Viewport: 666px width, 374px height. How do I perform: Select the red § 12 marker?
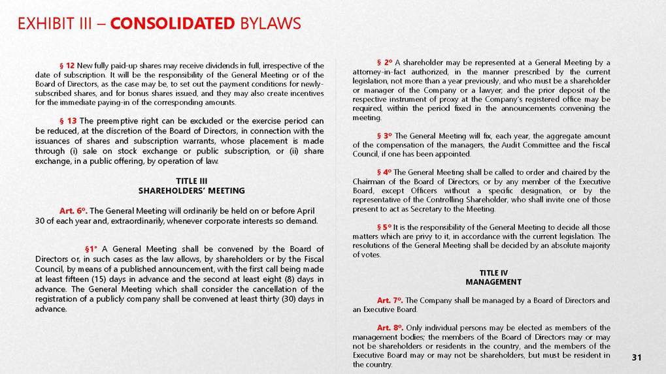pos(67,66)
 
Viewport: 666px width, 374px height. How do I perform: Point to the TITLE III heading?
pos(191,181)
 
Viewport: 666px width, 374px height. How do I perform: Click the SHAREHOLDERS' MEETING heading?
pos(191,191)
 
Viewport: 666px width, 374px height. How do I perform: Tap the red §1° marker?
pos(92,249)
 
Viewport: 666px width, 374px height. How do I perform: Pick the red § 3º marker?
pos(384,135)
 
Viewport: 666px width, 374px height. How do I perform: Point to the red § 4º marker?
pos(384,172)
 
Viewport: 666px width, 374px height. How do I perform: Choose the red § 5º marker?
pos(384,227)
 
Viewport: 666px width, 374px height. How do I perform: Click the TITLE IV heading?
pos(493,273)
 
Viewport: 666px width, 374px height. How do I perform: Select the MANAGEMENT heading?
pos(493,282)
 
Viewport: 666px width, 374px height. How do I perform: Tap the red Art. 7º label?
pos(390,300)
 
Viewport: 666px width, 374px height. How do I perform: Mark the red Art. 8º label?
pos(390,328)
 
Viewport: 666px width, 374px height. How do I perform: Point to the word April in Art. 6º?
pos(307,211)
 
